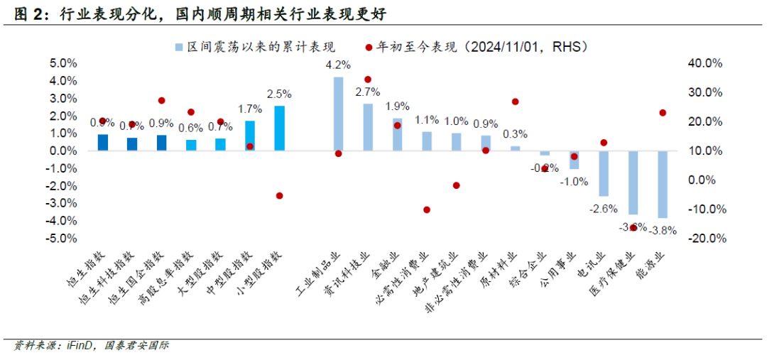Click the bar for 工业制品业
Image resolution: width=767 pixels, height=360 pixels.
[x=339, y=114]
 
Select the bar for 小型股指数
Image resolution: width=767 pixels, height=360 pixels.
[x=279, y=128]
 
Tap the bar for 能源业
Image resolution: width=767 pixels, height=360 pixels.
[x=662, y=184]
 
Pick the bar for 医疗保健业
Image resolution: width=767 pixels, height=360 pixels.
[x=633, y=182]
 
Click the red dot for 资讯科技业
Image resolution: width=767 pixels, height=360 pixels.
[x=368, y=80]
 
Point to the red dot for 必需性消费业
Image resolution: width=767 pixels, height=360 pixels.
[x=427, y=209]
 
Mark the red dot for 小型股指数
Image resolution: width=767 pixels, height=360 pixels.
[x=279, y=195]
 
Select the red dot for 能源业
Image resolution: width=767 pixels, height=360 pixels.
[x=663, y=113]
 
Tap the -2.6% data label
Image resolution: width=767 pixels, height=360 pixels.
[x=602, y=208]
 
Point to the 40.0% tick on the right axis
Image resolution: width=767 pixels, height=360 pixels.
[x=706, y=63]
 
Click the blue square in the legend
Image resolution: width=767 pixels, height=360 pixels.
[x=180, y=47]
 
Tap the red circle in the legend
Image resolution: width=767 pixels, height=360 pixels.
[x=369, y=47]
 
